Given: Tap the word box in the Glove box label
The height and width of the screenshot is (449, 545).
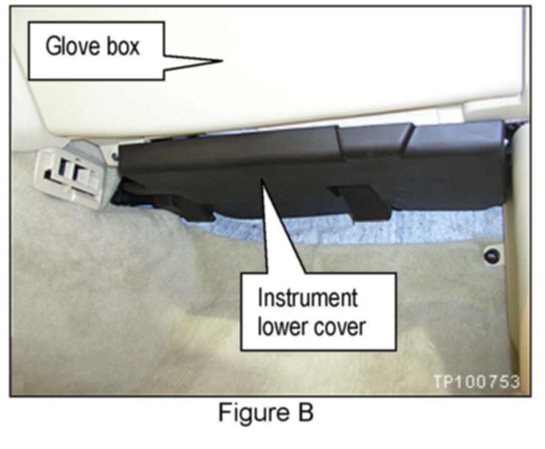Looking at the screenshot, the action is pos(122,47).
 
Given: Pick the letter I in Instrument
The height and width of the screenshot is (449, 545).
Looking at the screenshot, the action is pos(260,298).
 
